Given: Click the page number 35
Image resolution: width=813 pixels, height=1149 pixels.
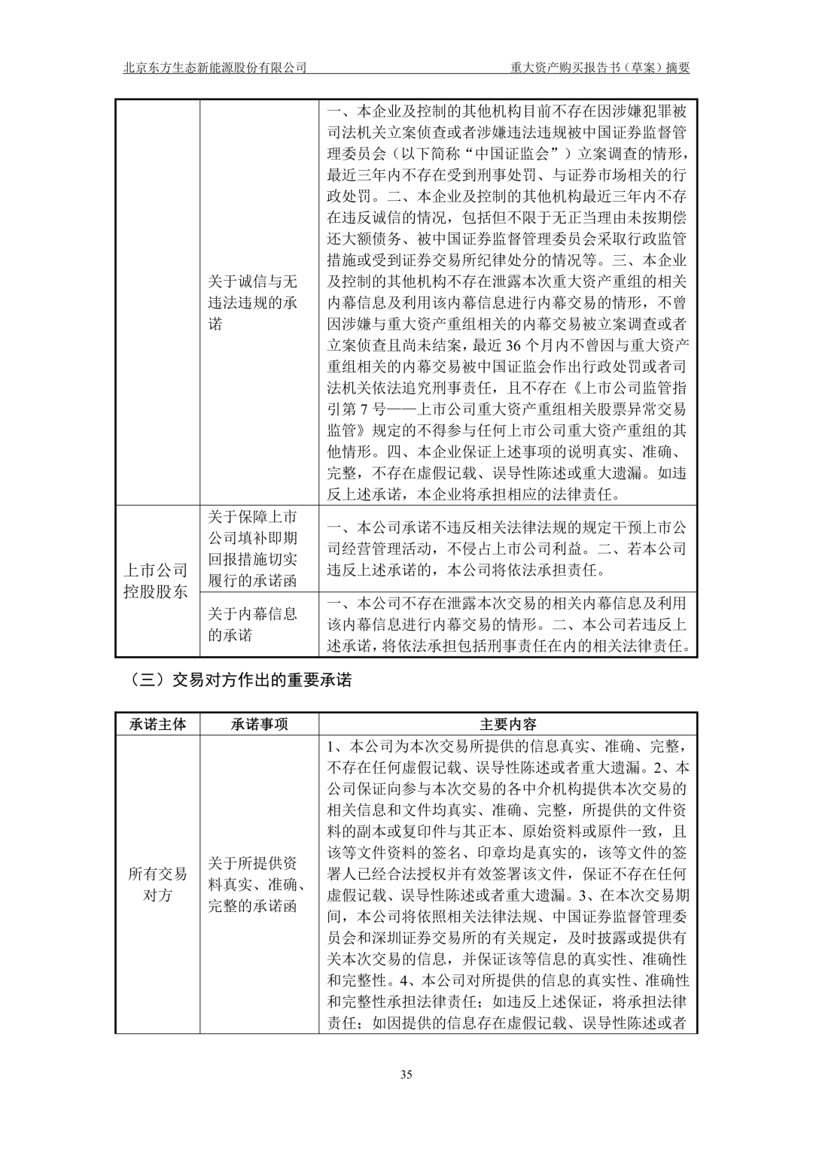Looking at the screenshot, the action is [x=406, y=1074].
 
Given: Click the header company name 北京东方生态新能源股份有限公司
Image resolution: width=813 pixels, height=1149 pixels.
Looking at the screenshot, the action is [x=215, y=67].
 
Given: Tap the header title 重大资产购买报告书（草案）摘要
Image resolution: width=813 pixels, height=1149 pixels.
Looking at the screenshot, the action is [x=600, y=67].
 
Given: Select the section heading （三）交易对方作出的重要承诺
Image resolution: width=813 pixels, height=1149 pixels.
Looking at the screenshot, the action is [x=240, y=680].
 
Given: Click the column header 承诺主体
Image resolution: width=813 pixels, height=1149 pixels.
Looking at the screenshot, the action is [x=157, y=724].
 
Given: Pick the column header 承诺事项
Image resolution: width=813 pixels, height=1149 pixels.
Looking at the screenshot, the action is [x=259, y=724].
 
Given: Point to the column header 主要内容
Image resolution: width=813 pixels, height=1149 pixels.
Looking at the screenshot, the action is [x=508, y=724].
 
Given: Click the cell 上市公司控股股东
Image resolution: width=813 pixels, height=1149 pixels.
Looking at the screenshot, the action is [x=157, y=581].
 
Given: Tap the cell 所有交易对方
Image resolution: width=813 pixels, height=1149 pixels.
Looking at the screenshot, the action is [x=157, y=884].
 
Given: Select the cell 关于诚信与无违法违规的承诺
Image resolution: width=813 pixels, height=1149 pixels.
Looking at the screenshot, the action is [x=253, y=302].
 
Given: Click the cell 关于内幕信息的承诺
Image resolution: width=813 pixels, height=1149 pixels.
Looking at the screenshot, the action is [x=253, y=624].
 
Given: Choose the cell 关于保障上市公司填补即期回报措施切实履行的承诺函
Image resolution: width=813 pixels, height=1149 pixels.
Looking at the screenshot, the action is [x=253, y=549].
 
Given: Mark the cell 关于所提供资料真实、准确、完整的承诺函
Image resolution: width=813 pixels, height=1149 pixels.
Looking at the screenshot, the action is [x=253, y=884].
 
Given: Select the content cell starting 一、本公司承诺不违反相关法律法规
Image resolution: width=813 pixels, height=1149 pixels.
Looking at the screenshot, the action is [x=507, y=549].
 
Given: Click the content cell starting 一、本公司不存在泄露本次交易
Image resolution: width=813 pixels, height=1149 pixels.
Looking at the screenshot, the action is [x=507, y=624].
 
